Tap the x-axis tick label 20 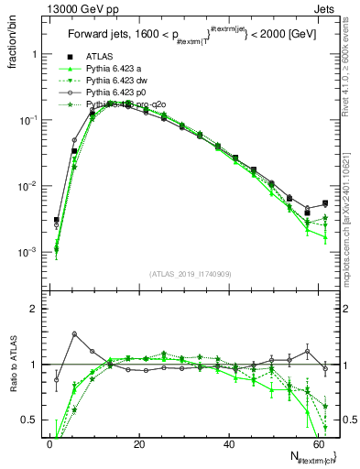[x=138, y=444]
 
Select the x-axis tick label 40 [x=228, y=444]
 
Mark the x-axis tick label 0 [x=49, y=444]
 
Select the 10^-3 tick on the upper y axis [x=29, y=252]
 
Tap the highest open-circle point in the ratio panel [x=74, y=333]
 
